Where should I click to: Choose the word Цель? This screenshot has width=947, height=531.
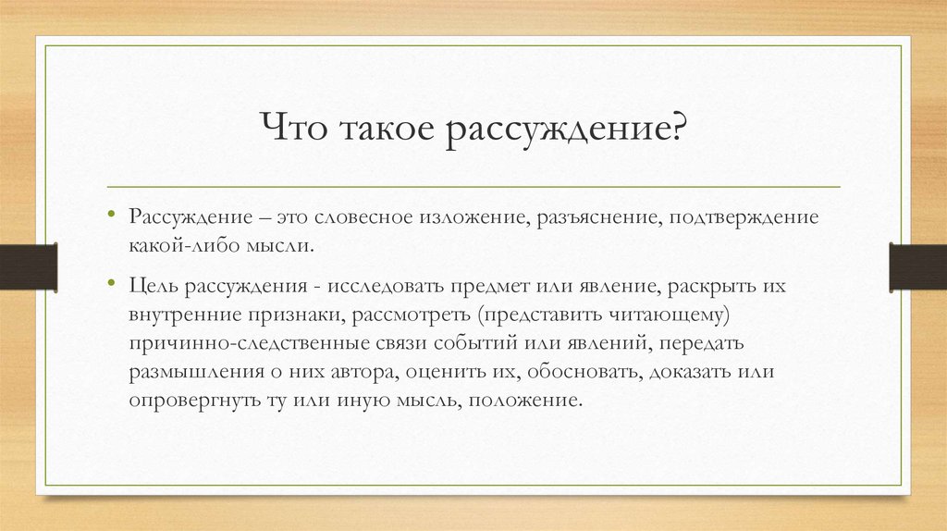pos(154,288)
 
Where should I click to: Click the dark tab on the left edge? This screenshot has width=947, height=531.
pos(29,266)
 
